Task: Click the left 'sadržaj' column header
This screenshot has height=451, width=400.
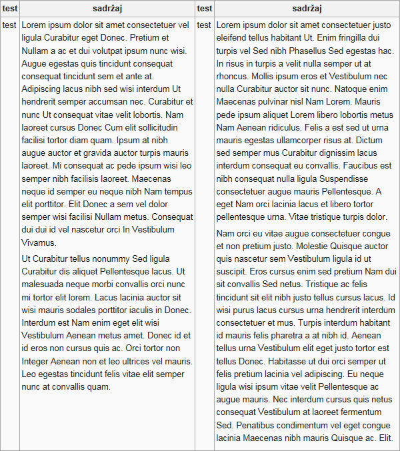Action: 107,9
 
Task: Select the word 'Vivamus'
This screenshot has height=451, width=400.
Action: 39,242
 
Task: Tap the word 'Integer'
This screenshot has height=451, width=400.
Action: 37,361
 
